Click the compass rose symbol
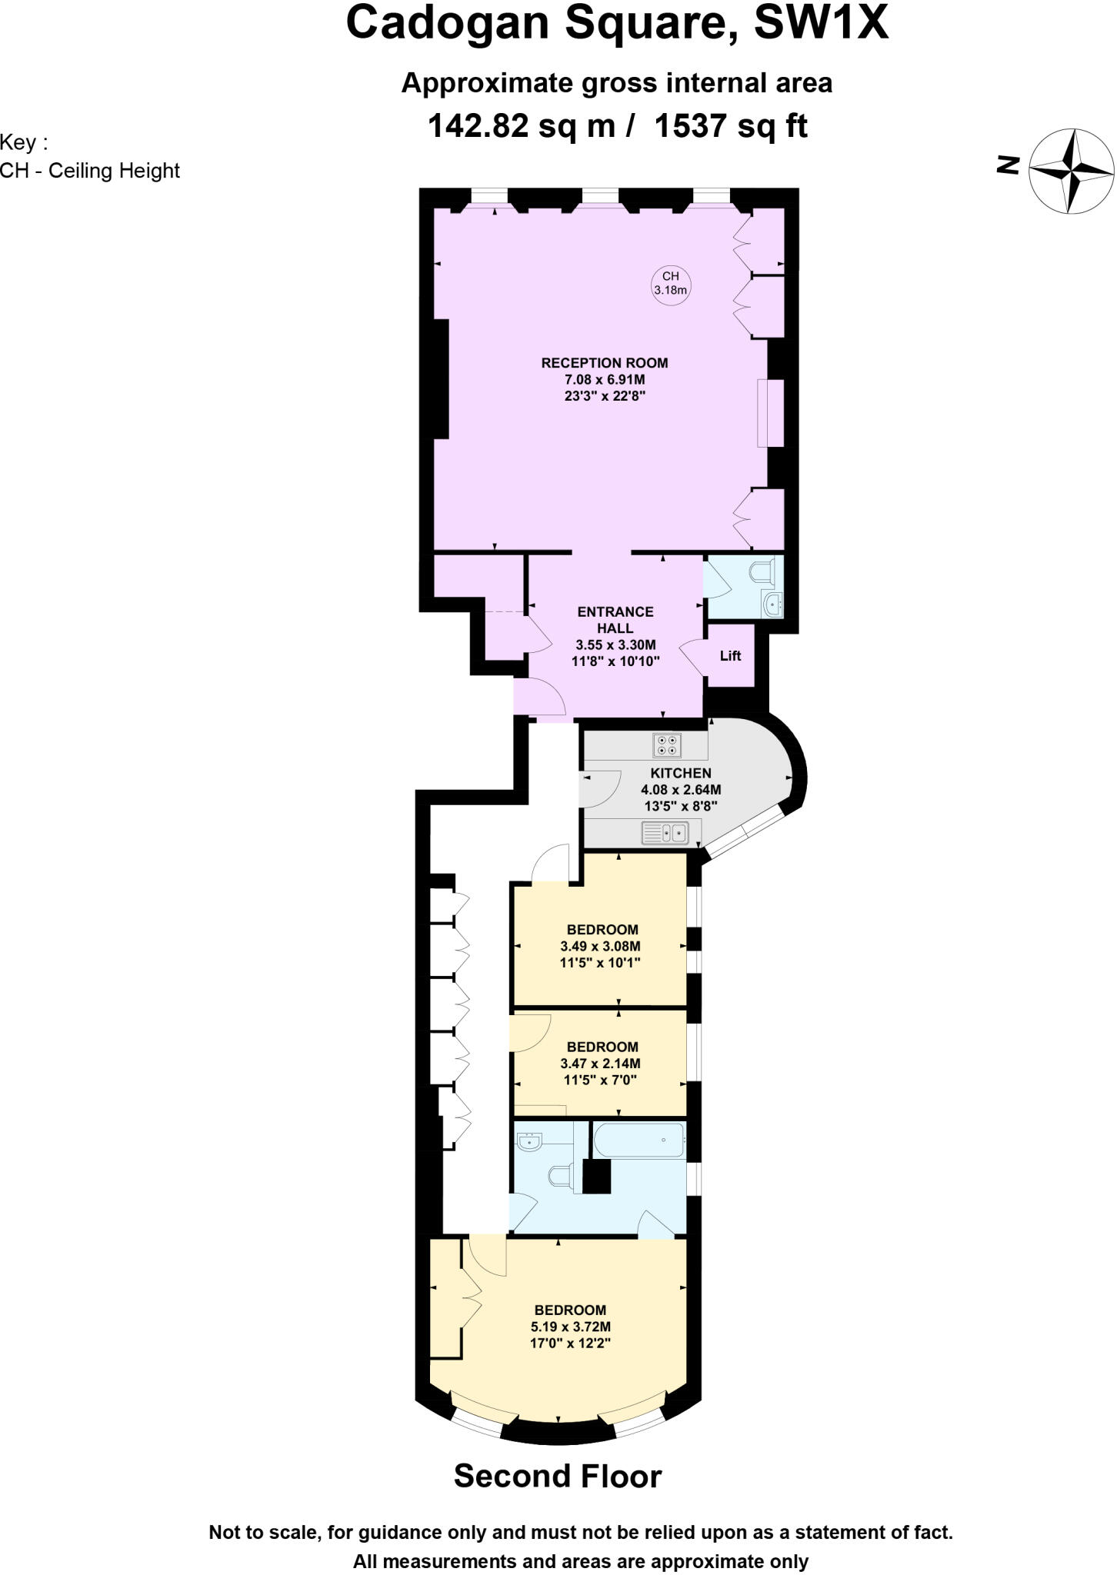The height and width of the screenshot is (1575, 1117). coord(1072,171)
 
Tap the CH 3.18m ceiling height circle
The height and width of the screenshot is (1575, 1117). coord(670,283)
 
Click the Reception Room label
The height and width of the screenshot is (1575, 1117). coord(605,363)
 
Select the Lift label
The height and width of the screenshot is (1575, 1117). coord(730,655)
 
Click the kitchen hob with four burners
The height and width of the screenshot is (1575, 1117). coord(667,744)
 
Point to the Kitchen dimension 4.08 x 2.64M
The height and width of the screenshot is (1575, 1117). coord(681,790)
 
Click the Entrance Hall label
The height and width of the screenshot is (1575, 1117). coord(615,620)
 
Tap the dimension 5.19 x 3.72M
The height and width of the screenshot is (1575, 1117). coord(571,1327)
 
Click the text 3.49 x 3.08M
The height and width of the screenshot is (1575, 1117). coord(600,946)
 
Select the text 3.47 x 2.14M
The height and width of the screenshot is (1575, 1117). coord(600,1064)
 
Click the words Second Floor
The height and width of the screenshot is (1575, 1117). coord(558,1476)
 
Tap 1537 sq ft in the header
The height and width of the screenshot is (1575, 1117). coord(730,125)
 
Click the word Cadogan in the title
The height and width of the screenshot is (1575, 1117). coord(448,23)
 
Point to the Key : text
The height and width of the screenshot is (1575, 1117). coord(24,143)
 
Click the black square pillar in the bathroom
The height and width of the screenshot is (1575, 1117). coord(596,1176)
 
